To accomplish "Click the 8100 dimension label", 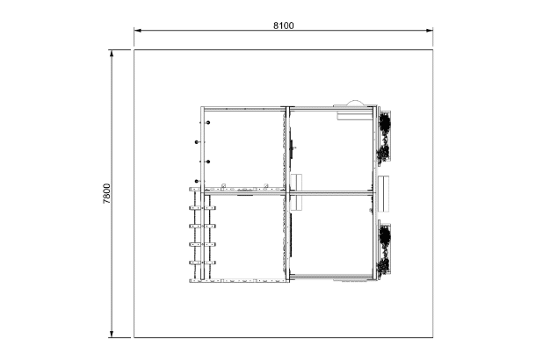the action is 284,25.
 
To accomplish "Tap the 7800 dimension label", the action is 106,194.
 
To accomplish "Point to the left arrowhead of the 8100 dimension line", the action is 138,31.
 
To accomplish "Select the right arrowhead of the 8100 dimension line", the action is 429,31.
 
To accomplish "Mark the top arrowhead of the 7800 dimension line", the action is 112,54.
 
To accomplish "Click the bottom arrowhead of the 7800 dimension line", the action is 112,334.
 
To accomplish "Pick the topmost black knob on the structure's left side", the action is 208,122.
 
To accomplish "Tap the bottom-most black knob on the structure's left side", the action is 197,181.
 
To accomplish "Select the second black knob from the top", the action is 197,141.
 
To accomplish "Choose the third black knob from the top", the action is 208,162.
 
